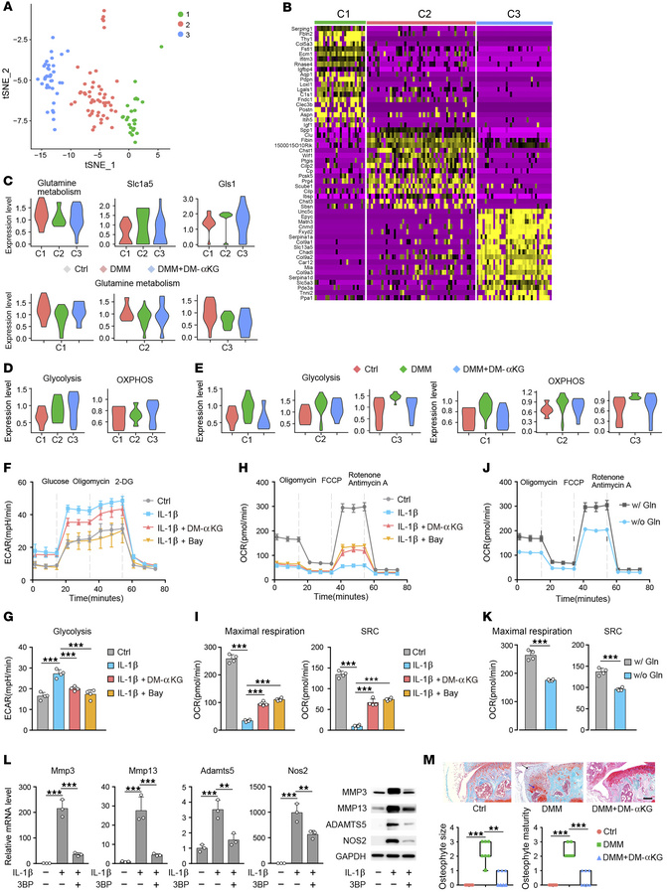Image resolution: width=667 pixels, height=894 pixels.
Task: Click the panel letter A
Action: (7, 7)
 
